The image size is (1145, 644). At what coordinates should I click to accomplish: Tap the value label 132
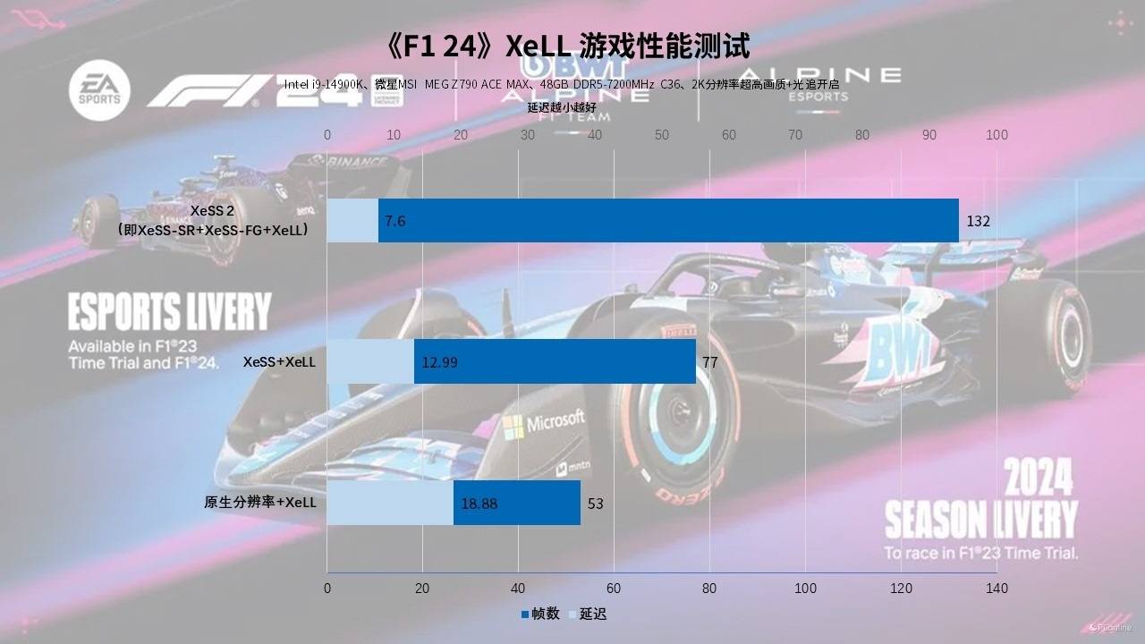pyautogui.click(x=979, y=221)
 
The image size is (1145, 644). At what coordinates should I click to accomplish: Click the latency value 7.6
pyautogui.click(x=395, y=221)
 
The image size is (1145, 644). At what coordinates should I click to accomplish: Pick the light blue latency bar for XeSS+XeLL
pyautogui.click(x=370, y=362)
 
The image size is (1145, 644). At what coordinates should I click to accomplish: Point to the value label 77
pyautogui.click(x=710, y=362)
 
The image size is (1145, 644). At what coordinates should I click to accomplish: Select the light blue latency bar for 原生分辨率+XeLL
pyautogui.click(x=390, y=503)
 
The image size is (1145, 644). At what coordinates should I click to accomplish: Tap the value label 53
pyautogui.click(x=596, y=504)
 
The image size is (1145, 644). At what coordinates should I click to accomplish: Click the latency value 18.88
pyautogui.click(x=479, y=504)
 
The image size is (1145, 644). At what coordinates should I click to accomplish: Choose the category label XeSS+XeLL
pyautogui.click(x=279, y=362)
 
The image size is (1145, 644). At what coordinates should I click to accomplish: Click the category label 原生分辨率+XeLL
pyautogui.click(x=260, y=503)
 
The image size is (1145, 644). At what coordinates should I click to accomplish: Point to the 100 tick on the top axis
pyautogui.click(x=997, y=135)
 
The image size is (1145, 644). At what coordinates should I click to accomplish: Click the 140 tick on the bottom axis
pyautogui.click(x=997, y=588)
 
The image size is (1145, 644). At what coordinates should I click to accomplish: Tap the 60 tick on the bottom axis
pyautogui.click(x=614, y=588)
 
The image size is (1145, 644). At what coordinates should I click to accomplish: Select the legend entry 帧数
pyautogui.click(x=540, y=614)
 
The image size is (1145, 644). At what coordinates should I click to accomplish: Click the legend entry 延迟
pyautogui.click(x=588, y=614)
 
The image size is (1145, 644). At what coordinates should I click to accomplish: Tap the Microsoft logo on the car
pyautogui.click(x=544, y=423)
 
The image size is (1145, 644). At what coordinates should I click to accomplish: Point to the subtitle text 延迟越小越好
pyautogui.click(x=562, y=108)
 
